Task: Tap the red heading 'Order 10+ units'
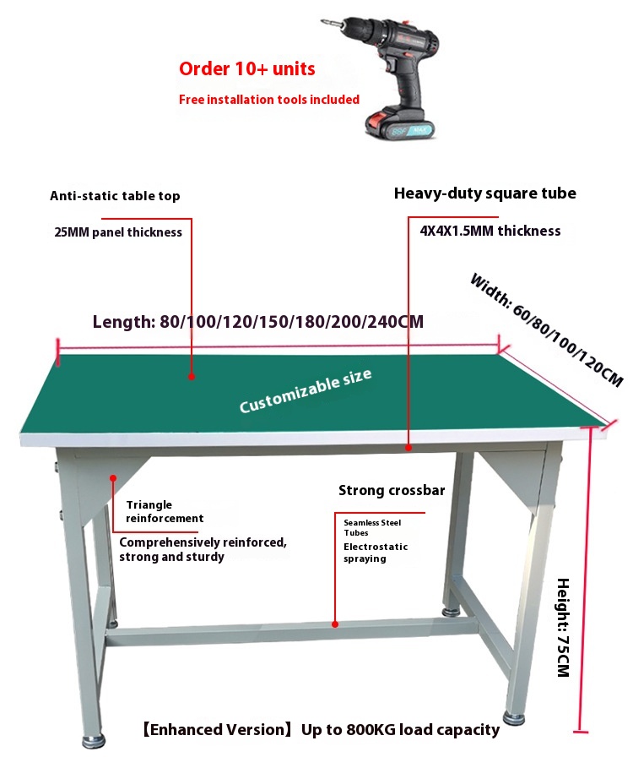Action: coord(246,68)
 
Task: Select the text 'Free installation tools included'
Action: coord(269,100)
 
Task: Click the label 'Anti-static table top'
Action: coord(115,196)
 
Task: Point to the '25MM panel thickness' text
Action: coord(118,232)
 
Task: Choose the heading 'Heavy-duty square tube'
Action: coord(485,193)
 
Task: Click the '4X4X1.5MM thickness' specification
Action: coord(490,231)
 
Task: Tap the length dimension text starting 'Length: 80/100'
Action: coord(258,322)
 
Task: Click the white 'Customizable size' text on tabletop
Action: coord(306,391)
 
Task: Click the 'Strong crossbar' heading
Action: coord(392,490)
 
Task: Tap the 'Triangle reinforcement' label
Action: coord(165,511)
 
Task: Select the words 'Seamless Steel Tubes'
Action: coord(372,527)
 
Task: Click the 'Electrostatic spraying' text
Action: coord(376,553)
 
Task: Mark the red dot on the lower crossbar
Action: coord(335,624)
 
